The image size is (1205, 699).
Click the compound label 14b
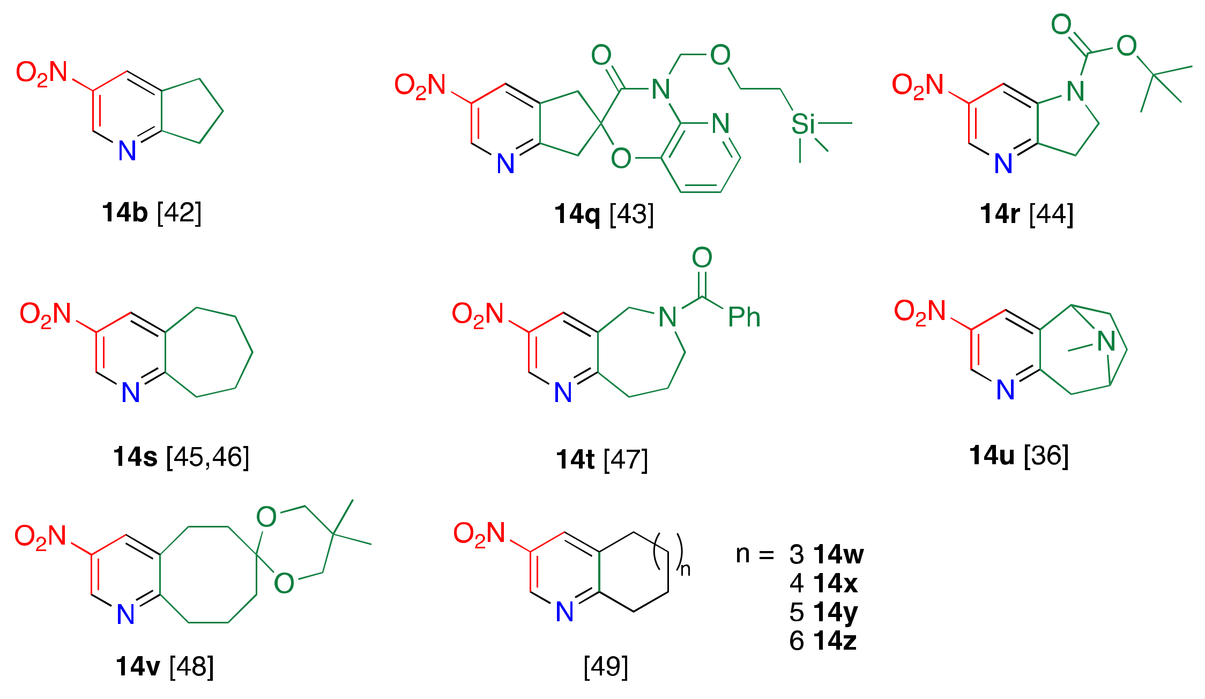[124, 213]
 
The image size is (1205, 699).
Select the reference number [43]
[631, 214]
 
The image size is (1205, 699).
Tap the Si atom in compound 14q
[802, 124]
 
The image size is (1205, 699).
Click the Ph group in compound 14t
[744, 317]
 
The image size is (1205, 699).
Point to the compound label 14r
[999, 214]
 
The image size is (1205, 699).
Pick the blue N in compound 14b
[127, 151]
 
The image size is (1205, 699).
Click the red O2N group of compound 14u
[919, 312]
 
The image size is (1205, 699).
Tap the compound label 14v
[138, 666]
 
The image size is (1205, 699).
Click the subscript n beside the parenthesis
[685, 569]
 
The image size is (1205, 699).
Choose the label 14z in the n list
[835, 641]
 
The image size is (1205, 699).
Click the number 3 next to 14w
[797, 555]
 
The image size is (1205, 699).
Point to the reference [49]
[606, 666]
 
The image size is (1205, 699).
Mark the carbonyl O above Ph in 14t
[702, 258]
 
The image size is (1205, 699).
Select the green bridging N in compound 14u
[1106, 341]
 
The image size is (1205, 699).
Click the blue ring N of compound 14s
[131, 393]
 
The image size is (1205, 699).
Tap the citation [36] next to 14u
[1046, 456]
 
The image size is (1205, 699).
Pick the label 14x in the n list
[835, 583]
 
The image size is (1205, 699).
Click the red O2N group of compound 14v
[40, 537]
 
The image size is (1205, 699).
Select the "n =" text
[755, 554]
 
